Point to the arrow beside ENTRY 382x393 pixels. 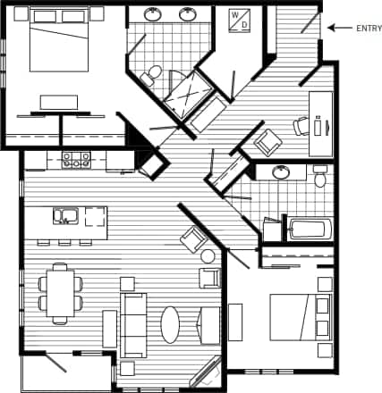coord(339,28)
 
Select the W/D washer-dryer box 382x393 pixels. coord(239,21)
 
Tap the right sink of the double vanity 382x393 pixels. coord(188,14)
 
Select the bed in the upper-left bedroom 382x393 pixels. coord(60,43)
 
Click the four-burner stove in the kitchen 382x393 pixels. coord(77,160)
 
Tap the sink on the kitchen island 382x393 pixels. coord(64,214)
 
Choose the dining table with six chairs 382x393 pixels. coord(60,292)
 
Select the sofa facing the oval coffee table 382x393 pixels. coord(134,324)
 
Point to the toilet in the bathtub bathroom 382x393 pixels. coord(319,177)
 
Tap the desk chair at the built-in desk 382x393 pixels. coord(301,126)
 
